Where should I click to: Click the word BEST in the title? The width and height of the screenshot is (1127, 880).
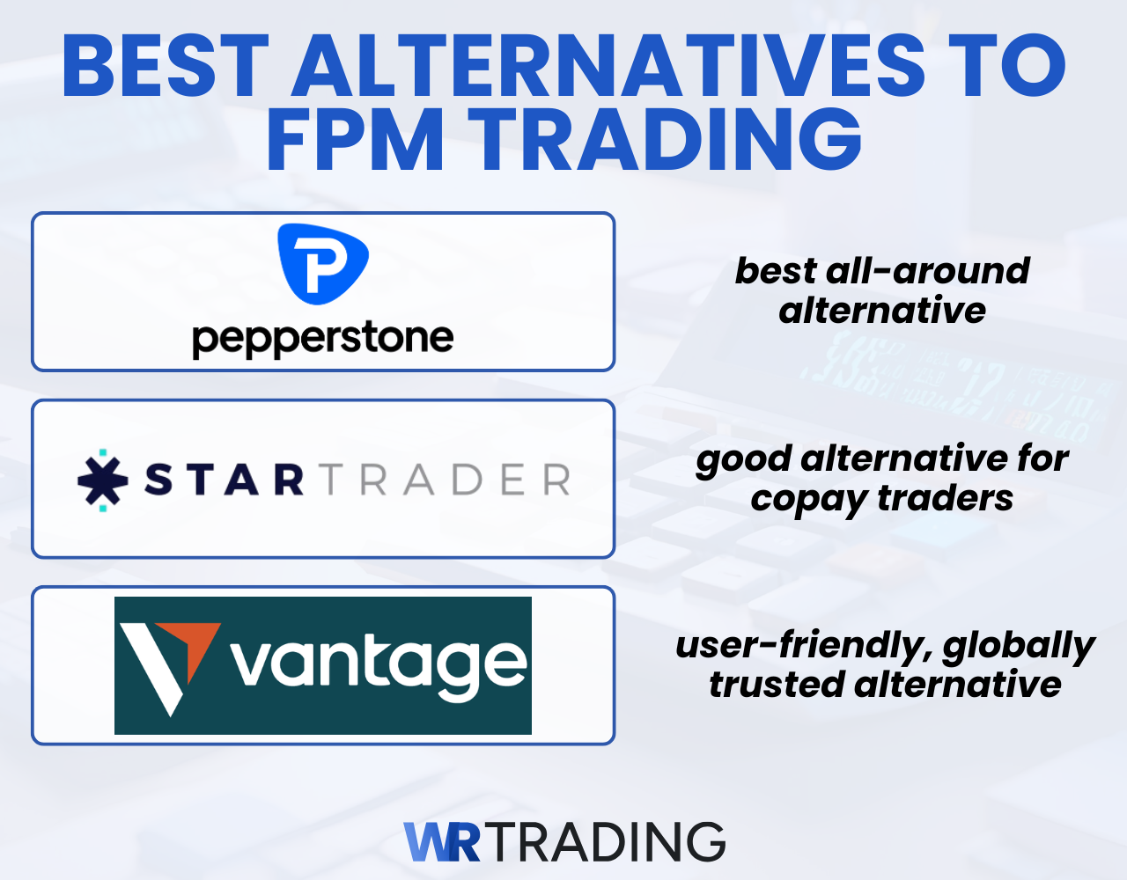[166, 67]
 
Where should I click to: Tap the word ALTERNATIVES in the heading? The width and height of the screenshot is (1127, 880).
[608, 67]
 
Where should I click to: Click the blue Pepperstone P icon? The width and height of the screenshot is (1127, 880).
[322, 263]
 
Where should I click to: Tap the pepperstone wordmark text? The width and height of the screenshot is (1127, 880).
[322, 339]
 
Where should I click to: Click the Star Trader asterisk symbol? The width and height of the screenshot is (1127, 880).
[103, 480]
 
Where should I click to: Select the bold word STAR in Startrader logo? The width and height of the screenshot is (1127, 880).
[225, 480]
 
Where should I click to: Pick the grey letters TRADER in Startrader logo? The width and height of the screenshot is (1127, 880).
[445, 480]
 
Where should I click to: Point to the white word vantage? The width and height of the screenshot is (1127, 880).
[379, 664]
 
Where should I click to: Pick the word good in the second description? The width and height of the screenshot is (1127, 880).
[743, 460]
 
